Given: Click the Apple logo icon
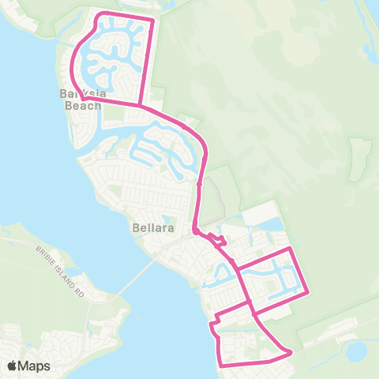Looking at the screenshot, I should [x=12, y=366].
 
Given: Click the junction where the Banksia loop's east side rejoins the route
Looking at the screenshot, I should [x=141, y=104].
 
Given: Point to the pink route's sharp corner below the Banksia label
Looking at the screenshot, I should [x=83, y=99].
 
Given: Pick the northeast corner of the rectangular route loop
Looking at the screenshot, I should [x=292, y=248].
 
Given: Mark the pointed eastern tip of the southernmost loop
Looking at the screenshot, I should [x=291, y=351].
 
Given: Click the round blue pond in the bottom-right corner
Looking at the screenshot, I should [x=356, y=350].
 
